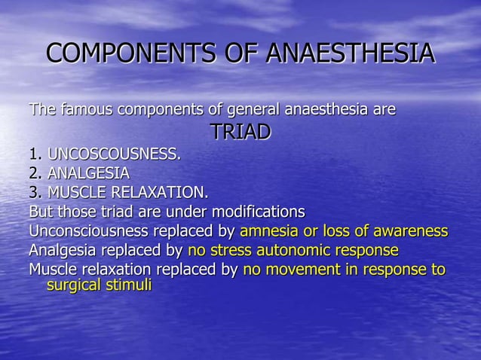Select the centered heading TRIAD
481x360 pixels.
coord(240,133)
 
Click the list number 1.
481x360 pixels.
coord(35,155)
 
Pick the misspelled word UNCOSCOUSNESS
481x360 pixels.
coord(114,155)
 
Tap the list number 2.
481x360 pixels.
coord(35,173)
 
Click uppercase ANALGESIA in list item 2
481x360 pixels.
coord(88,173)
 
